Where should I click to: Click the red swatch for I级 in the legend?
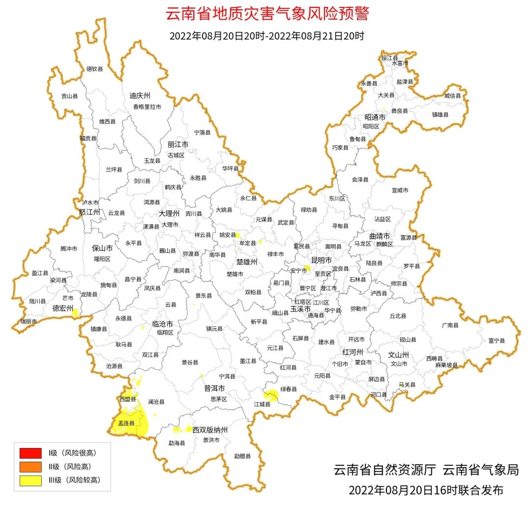click(x=30, y=452)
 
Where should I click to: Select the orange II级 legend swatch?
click(x=30, y=466)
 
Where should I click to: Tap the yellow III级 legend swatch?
click(x=30, y=480)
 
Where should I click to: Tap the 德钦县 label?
click(x=95, y=69)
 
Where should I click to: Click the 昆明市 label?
click(x=322, y=259)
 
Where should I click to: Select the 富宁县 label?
click(x=497, y=340)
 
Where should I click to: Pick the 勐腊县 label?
click(x=242, y=456)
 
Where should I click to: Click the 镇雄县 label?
click(x=440, y=114)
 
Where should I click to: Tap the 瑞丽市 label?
click(x=29, y=321)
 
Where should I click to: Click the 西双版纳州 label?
click(x=210, y=430)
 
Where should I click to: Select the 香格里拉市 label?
click(x=147, y=107)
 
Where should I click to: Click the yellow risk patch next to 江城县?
click(x=270, y=394)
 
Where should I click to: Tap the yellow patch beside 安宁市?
click(x=307, y=268)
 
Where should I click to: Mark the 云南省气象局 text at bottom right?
click(x=480, y=470)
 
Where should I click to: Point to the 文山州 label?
click(x=398, y=355)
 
